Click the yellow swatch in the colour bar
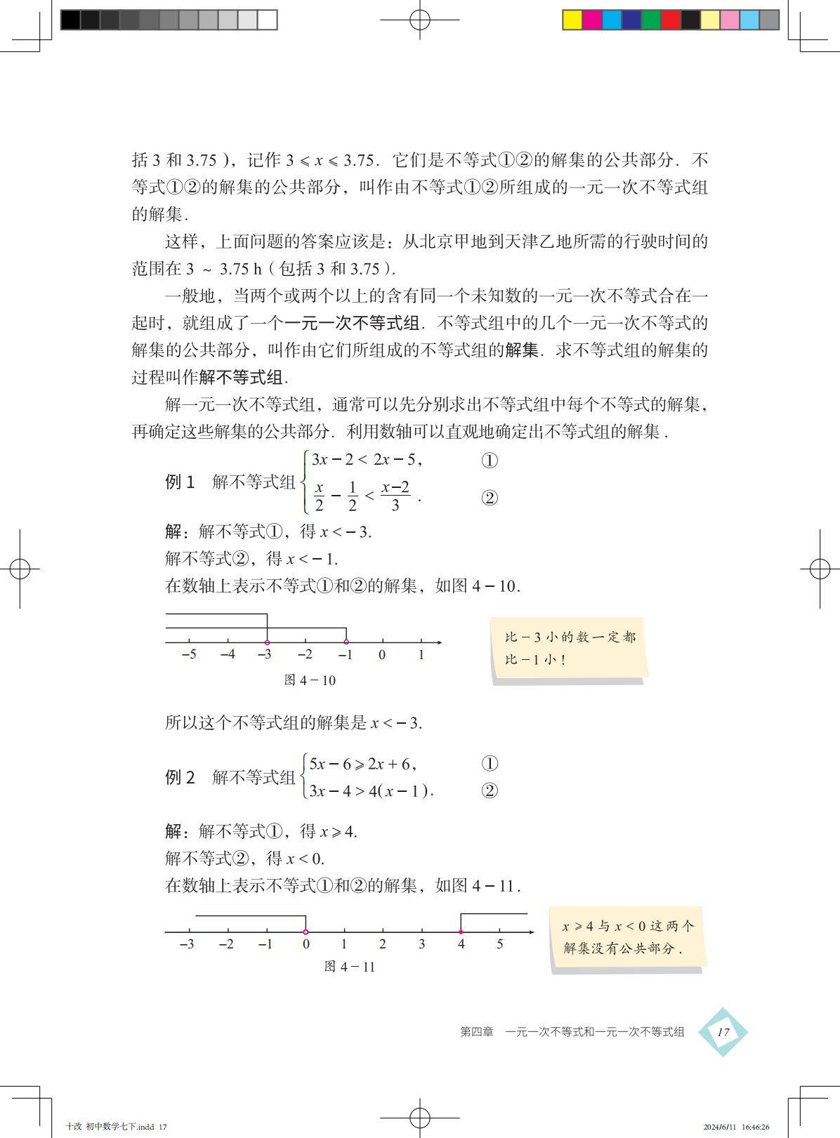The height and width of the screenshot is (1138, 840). click(x=572, y=20)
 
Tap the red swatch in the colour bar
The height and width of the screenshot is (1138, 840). click(x=671, y=20)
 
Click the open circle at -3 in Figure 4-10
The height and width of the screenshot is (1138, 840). click(x=267, y=642)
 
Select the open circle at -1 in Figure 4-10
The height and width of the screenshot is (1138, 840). click(x=346, y=642)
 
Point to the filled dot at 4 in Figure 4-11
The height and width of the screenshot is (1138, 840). click(x=461, y=932)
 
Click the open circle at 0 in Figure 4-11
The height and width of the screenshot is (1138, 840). click(x=306, y=932)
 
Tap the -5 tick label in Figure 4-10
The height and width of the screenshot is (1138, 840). click(x=188, y=655)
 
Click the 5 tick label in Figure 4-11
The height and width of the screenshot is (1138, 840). click(x=500, y=944)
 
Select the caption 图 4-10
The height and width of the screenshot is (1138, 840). click(x=310, y=680)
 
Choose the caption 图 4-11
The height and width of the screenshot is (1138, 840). click(x=350, y=967)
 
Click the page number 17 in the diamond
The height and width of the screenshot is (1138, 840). click(x=723, y=1032)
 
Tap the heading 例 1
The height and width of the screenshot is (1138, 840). click(x=180, y=482)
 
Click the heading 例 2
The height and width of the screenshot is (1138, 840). click(x=180, y=777)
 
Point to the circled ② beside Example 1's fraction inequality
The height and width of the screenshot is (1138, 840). click(x=490, y=498)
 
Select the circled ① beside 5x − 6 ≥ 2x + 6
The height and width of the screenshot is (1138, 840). click(x=490, y=764)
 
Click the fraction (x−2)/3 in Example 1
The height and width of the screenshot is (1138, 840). click(x=395, y=496)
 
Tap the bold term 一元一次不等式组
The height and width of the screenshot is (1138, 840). click(x=351, y=323)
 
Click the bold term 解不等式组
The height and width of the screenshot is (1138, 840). click(x=241, y=377)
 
